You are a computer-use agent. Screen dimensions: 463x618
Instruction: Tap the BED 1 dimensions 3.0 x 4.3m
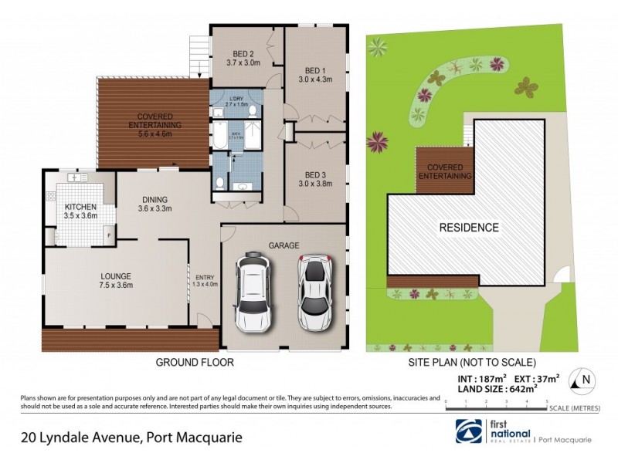pyautogui.click(x=314, y=79)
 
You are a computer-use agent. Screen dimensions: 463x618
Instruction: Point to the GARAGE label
pyautogui.click(x=284, y=245)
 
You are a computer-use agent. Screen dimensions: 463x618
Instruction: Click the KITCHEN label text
pyautogui.click(x=80, y=208)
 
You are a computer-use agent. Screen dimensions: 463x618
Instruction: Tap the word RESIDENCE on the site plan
pyautogui.click(x=469, y=228)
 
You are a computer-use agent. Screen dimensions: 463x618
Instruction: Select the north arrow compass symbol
pyautogui.click(x=583, y=379)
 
